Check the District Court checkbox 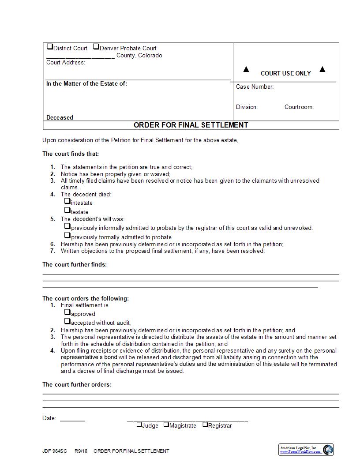pos(50,47)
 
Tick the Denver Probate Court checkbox pos(96,47)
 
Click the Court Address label pos(66,63)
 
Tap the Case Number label pos(255,87)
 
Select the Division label pos(247,107)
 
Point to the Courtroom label pos(299,107)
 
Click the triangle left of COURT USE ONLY pos(246,69)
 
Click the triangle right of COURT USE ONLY pos(322,69)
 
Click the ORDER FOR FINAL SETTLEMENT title pos(191,125)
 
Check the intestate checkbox pos(67,201)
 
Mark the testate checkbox pos(67,210)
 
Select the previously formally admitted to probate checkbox pos(67,236)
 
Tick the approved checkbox pos(67,312)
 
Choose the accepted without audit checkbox pos(67,321)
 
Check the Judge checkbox pos(139,425)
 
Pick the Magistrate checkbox pos(166,425)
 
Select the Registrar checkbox pos(205,425)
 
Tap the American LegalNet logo pos(306,450)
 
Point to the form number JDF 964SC pos(55,451)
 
